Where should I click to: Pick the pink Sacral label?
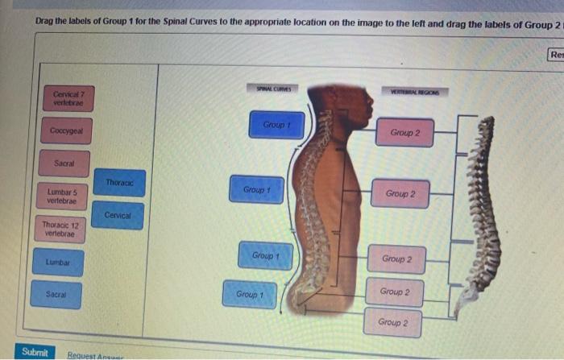pos(65,163)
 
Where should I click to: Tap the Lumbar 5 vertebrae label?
pos(64,196)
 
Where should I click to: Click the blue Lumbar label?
pos(59,263)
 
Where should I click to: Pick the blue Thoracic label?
pos(119,183)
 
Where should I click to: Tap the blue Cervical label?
pos(118,216)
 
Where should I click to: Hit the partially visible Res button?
pos(555,55)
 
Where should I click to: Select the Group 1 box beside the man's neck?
pos(276,126)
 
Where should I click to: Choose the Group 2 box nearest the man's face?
pos(404,132)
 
